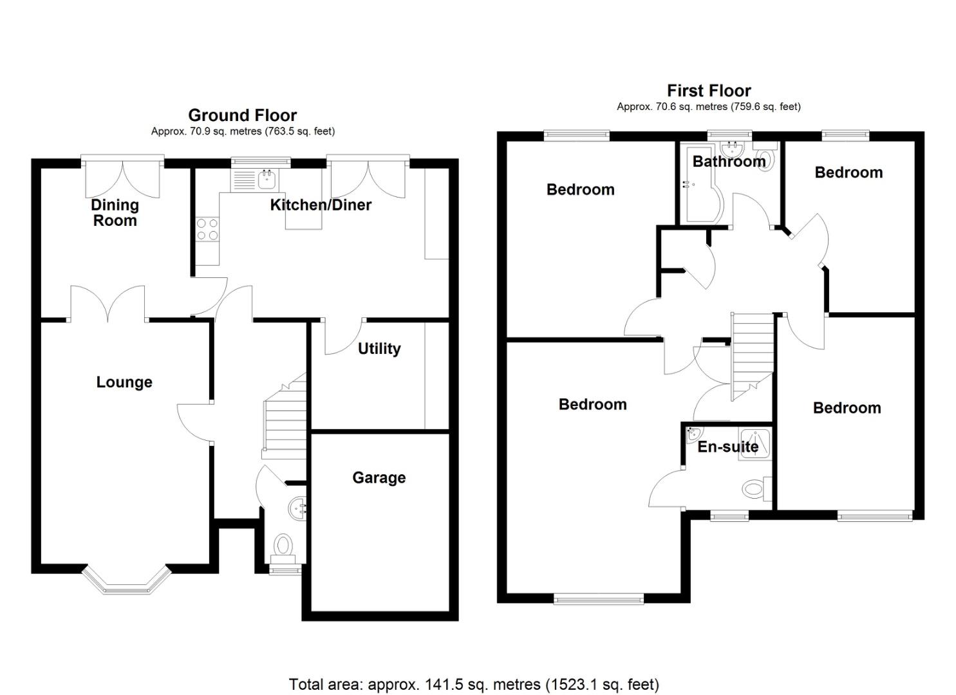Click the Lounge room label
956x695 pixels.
coord(124,382)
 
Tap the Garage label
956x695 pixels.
coord(379,477)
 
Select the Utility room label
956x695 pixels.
coord(379,349)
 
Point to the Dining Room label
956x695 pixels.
coord(115,212)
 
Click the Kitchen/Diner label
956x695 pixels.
coord(321,205)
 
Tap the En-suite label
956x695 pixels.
coord(728,447)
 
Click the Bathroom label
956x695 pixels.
coord(729,162)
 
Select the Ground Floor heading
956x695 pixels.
coord(242,115)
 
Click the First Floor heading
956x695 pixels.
coord(709,91)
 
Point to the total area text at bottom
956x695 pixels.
coord(474,684)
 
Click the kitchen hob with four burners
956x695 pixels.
coord(207,230)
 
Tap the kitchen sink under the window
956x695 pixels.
coord(266,178)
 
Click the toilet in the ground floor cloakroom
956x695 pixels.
coord(283,546)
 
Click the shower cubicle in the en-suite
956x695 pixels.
coord(754,443)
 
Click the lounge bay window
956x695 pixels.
coord(127,582)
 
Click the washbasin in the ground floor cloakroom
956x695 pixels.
coord(298,508)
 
